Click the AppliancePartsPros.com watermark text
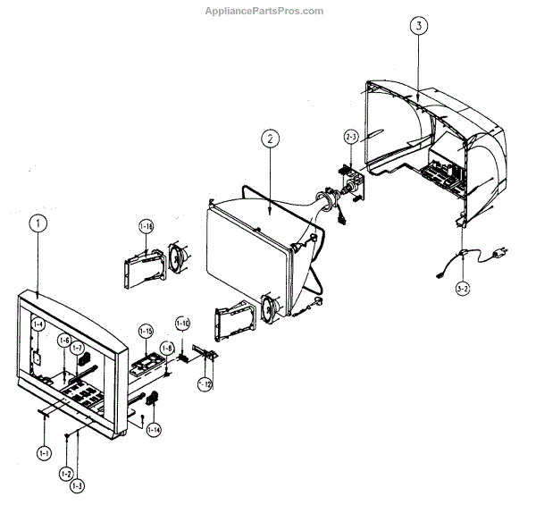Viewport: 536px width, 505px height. click(264, 11)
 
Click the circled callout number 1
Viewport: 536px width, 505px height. click(37, 224)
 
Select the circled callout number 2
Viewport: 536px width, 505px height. click(270, 139)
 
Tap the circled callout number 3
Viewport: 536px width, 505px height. click(419, 26)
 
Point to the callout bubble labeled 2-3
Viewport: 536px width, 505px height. click(351, 137)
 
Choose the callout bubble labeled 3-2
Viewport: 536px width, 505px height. click(463, 288)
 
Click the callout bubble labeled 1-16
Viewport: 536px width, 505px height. click(146, 227)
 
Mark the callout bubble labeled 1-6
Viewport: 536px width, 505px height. click(64, 341)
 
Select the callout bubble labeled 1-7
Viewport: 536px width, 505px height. click(78, 348)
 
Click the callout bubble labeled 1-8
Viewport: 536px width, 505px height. click(167, 348)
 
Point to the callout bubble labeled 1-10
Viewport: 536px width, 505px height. click(182, 322)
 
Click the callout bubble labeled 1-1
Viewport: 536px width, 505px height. click(44, 453)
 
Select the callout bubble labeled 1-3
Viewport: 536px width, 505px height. click(78, 485)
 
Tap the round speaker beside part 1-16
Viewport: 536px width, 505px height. click(176, 259)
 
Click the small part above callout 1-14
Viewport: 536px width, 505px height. click(152, 399)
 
